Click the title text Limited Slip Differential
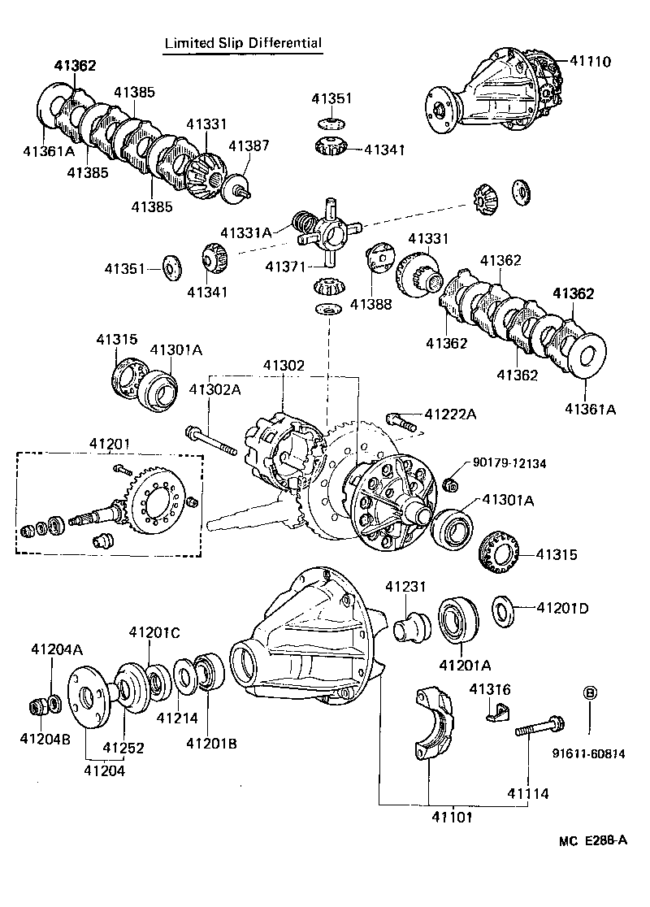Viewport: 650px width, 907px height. [243, 43]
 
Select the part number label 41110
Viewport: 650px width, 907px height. [590, 61]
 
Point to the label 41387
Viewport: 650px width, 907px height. [248, 146]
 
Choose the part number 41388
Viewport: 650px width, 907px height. [370, 305]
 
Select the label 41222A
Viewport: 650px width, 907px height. [448, 414]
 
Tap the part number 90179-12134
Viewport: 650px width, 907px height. [509, 463]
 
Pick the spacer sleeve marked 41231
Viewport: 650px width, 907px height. [409, 628]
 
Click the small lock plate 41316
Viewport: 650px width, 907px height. [494, 712]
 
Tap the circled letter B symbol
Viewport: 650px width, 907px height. [591, 692]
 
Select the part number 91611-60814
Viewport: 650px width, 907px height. [591, 753]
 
